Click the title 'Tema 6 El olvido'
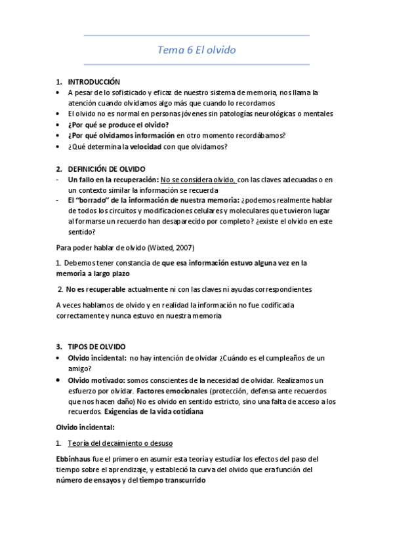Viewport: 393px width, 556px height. (x=196, y=50)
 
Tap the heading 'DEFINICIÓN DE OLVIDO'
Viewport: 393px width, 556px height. (x=106, y=169)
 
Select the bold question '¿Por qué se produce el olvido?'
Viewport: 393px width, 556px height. (x=118, y=125)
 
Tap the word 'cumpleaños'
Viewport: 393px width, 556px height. (x=278, y=358)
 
